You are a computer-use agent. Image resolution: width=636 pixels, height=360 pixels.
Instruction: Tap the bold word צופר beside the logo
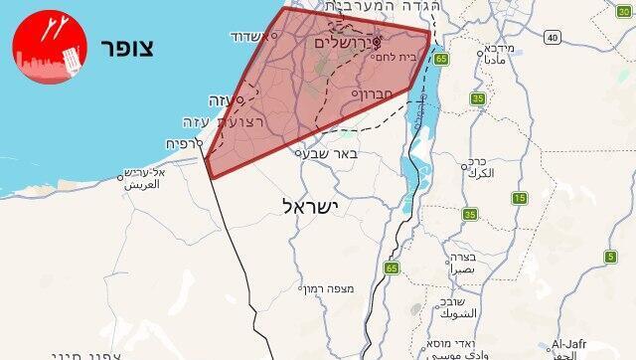[128, 51]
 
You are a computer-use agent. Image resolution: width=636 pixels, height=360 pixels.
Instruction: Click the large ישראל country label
[311, 206]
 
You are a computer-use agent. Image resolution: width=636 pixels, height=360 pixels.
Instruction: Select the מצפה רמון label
[326, 288]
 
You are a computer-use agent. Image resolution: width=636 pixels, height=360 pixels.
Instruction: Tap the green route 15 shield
[520, 198]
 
